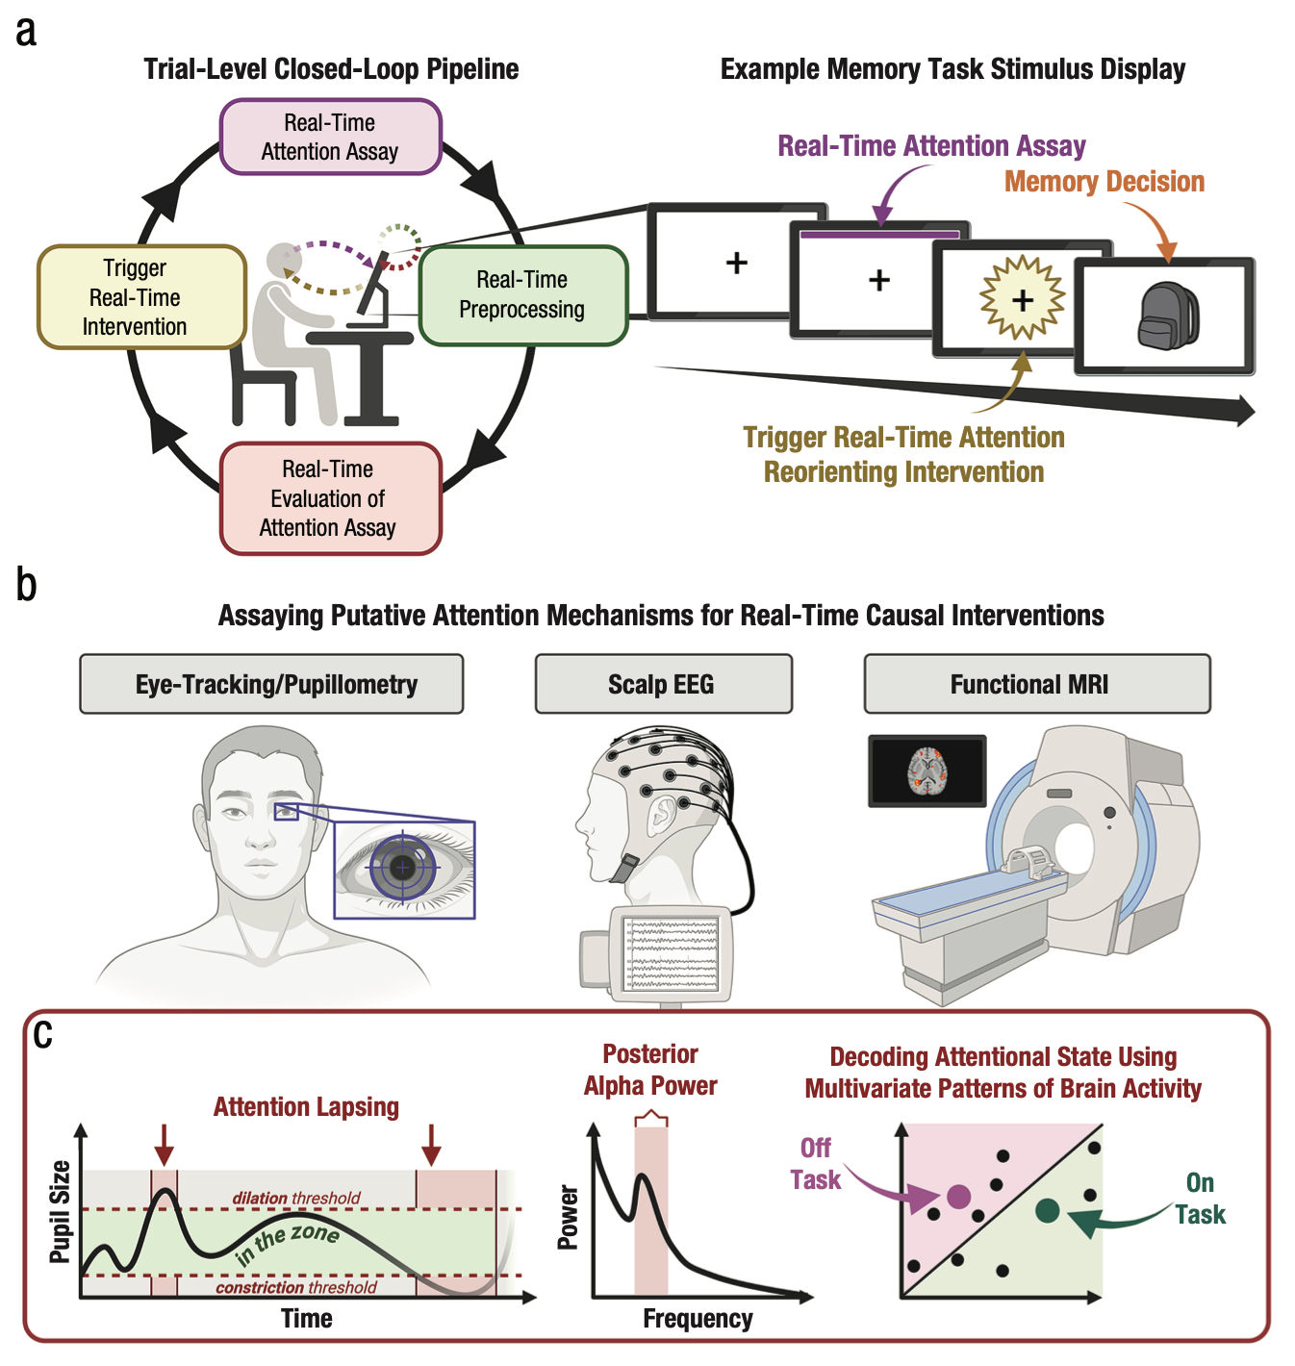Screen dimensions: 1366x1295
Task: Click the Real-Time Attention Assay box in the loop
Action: [x=330, y=137]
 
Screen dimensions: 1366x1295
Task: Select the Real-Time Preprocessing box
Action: [x=522, y=294]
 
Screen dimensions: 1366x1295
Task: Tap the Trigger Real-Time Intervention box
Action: [x=140, y=296]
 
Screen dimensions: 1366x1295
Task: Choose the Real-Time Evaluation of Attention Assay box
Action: [x=330, y=497]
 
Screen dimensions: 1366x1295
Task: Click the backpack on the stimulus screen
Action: [x=1168, y=316]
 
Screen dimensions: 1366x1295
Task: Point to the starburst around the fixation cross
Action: [x=1022, y=298]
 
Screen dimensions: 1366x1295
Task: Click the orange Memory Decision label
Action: [x=1104, y=181]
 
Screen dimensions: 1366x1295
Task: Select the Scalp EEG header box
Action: [x=663, y=684]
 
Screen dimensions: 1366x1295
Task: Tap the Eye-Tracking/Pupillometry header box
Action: [x=271, y=684]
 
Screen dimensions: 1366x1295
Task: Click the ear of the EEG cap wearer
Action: [x=661, y=814]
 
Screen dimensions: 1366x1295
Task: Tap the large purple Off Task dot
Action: [x=958, y=1197]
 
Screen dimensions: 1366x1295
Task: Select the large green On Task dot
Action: [x=1048, y=1210]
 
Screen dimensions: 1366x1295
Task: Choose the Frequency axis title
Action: [x=698, y=1319]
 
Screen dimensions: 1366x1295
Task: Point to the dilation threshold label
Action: [x=296, y=1198]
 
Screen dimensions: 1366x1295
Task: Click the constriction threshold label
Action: [x=296, y=1287]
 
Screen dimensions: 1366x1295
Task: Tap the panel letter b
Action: [x=27, y=585]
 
